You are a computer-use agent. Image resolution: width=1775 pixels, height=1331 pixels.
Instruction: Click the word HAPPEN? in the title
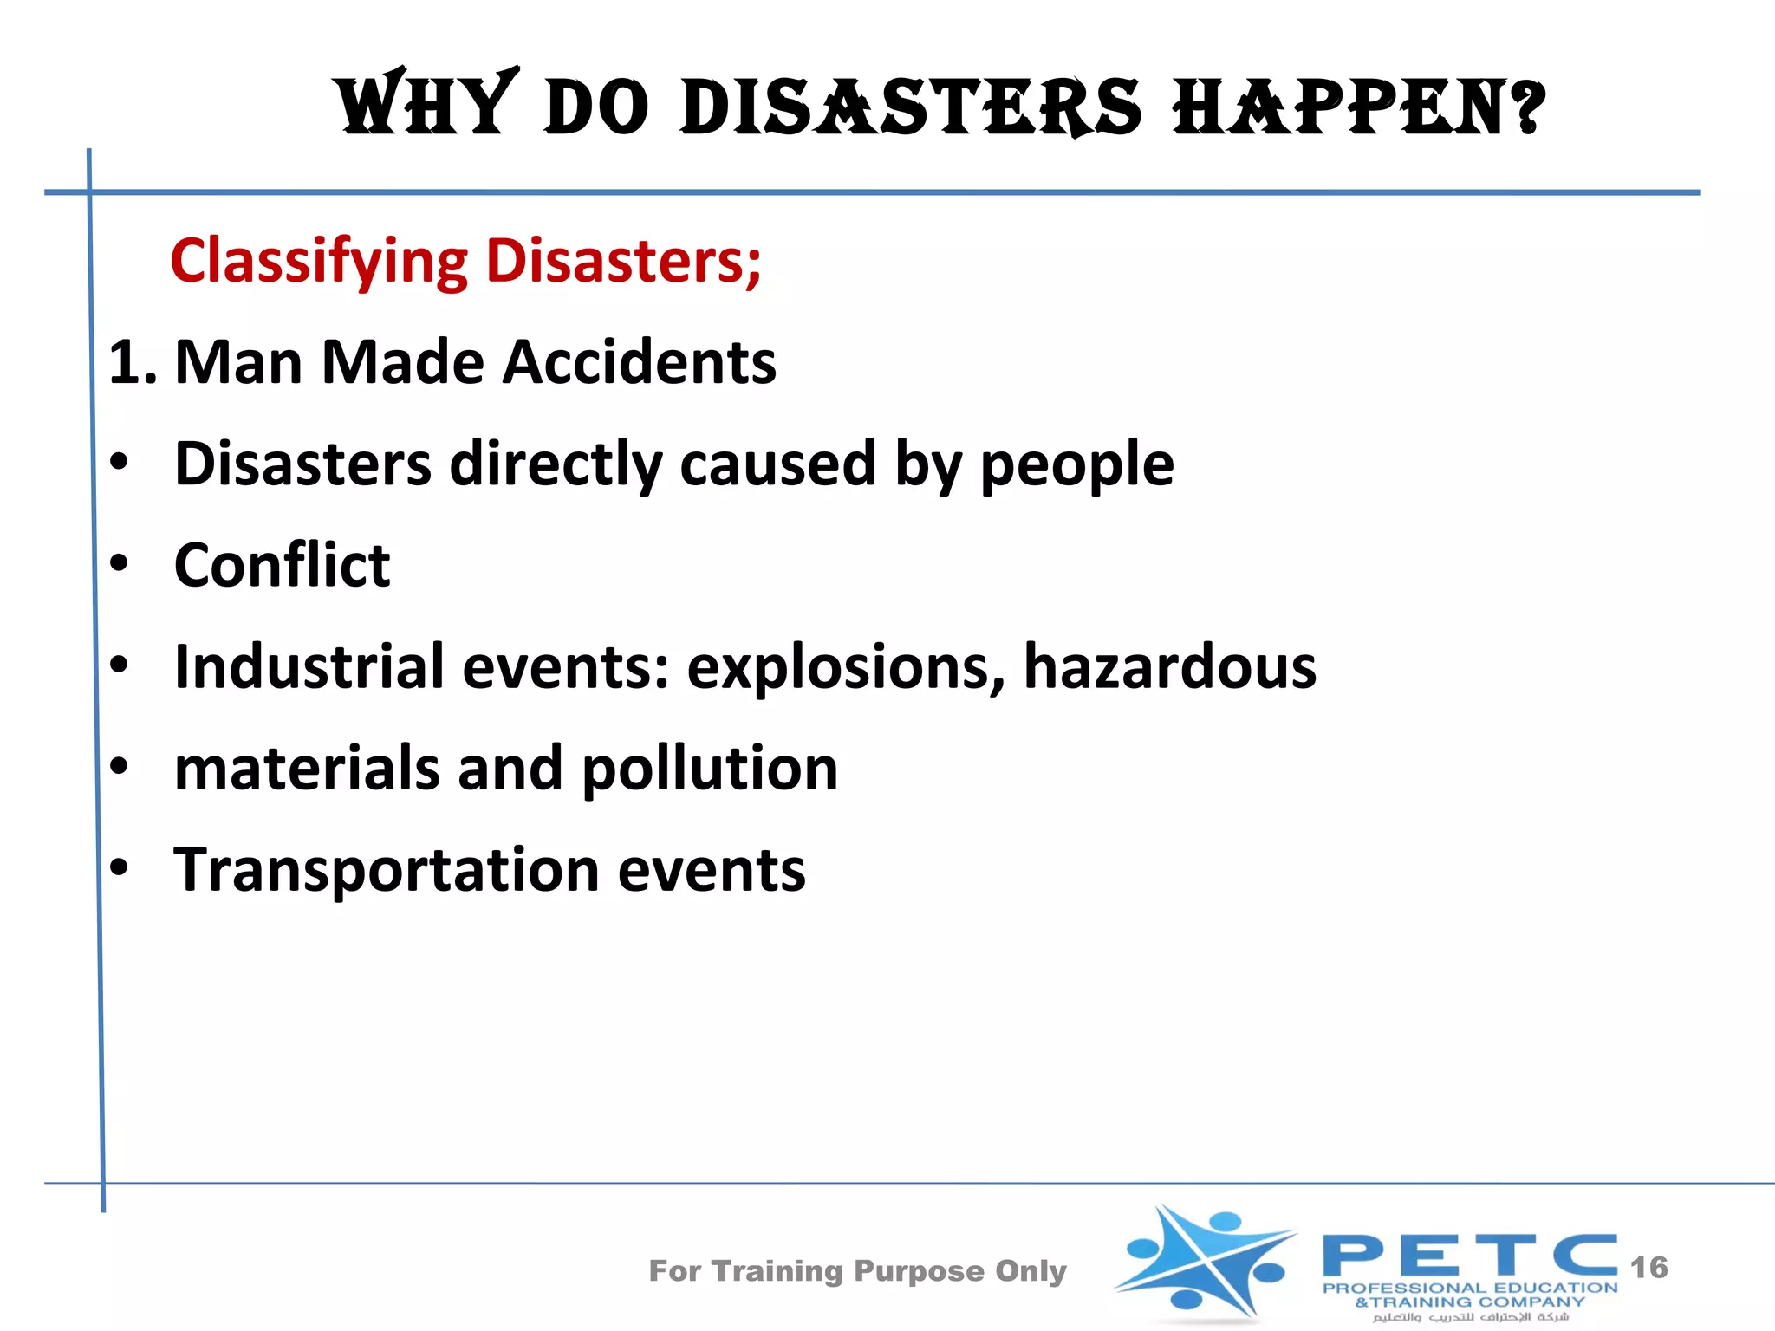(1358, 107)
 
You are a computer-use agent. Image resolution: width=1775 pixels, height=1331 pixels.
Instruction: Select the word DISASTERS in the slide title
(911, 107)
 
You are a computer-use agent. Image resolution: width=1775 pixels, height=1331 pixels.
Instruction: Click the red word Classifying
(319, 262)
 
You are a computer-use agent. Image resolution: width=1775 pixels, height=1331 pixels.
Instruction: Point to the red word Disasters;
(623, 260)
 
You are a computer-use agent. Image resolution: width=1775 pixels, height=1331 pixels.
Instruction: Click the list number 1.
(131, 362)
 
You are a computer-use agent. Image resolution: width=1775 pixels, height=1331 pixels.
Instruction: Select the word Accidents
(640, 362)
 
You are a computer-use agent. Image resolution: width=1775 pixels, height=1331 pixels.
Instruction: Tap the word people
(1076, 465)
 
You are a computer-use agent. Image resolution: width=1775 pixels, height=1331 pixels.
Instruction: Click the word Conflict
(282, 565)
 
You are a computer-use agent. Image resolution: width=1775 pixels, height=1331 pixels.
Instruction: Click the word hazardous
(1170, 666)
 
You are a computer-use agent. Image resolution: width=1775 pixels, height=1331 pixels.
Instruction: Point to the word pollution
(709, 769)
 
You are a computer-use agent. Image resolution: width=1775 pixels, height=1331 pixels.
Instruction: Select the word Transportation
(386, 870)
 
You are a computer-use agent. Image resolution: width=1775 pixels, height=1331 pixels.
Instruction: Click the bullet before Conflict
(120, 564)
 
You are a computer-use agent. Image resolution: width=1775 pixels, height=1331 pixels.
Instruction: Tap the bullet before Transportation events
(120, 867)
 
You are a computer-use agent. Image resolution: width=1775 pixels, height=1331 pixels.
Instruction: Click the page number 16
(1648, 1268)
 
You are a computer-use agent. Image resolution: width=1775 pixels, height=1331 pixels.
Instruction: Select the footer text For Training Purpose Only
(857, 1271)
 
